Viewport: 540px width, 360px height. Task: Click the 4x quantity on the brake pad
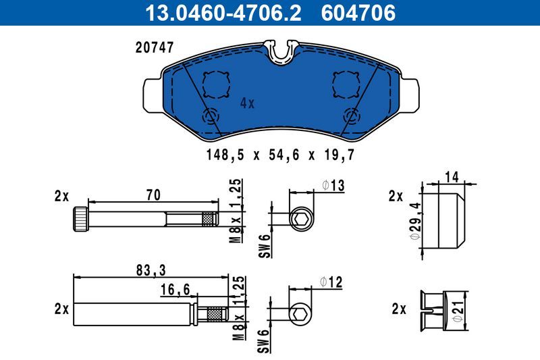coord(247,103)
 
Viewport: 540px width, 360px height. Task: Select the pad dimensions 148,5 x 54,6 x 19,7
coord(280,155)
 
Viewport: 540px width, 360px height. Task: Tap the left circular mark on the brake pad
coord(211,115)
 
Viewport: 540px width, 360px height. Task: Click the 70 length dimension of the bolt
coord(153,196)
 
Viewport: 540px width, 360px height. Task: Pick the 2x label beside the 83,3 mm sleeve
coord(61,309)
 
